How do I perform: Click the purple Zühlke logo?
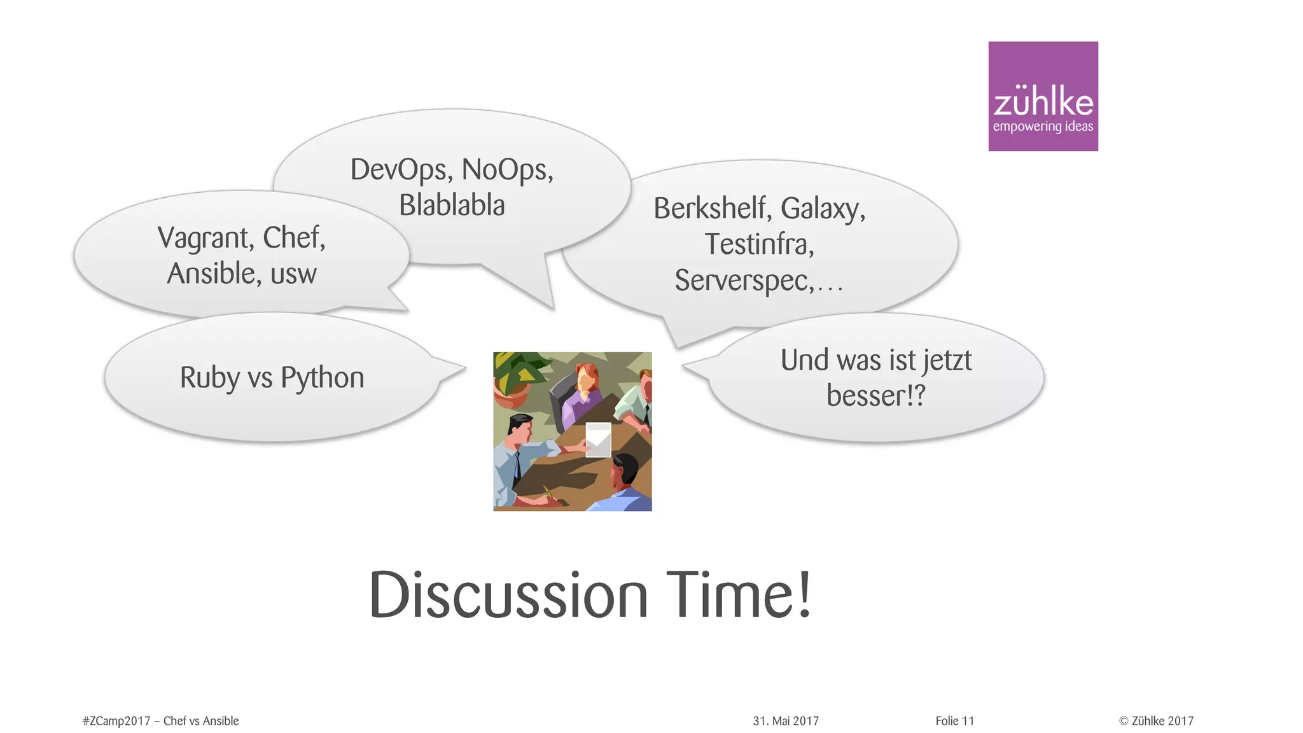point(1043,96)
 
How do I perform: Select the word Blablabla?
point(452,205)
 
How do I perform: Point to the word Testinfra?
point(758,244)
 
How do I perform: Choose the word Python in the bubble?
point(322,378)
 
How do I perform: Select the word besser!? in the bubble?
point(875,396)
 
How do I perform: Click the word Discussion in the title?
point(508,595)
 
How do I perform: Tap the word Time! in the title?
point(739,595)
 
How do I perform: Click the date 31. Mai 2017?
point(786,721)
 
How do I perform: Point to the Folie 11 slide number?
point(954,721)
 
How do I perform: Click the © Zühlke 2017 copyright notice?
point(1156,721)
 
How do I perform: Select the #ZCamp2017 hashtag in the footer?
point(116,721)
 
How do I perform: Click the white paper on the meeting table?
point(598,439)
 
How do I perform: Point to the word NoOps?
point(507,170)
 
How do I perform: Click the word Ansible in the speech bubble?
point(211,274)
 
